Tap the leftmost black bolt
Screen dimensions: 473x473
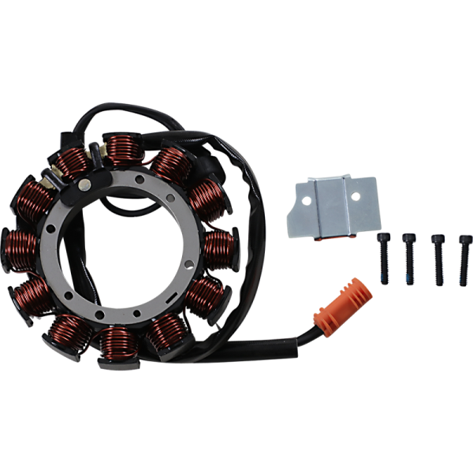[384, 258]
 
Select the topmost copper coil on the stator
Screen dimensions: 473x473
[122, 147]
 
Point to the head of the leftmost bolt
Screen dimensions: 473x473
[384, 237]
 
